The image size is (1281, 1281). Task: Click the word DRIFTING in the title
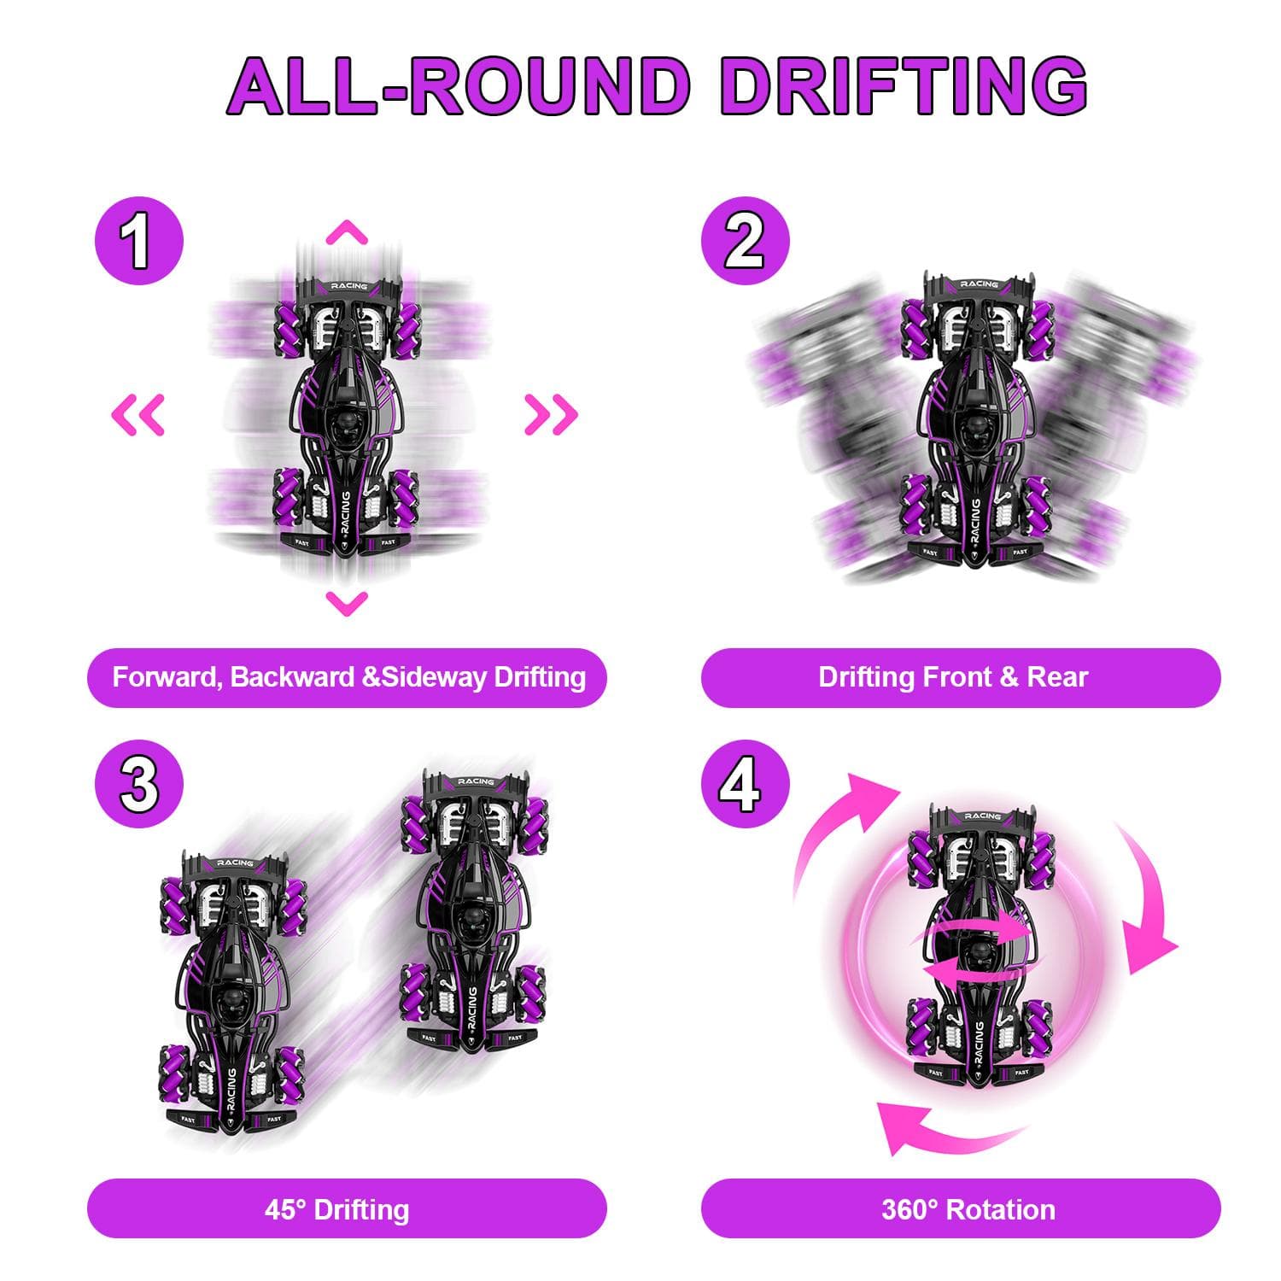[903, 86]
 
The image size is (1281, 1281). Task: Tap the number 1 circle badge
[138, 241]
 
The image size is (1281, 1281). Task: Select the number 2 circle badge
[745, 241]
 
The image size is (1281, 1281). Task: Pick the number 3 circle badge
[138, 784]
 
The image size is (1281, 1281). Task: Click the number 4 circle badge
[745, 784]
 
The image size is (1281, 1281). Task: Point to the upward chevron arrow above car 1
[347, 232]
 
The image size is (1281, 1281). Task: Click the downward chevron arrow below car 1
[347, 603]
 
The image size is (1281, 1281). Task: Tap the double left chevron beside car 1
[138, 414]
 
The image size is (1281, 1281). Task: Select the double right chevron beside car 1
[551, 414]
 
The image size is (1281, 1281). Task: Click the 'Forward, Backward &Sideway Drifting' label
[348, 677]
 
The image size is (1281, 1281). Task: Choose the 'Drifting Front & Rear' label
[953, 677]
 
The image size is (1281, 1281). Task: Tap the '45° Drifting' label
[336, 1209]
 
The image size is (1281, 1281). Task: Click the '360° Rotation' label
[968, 1209]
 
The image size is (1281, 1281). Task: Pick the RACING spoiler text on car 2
[979, 284]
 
